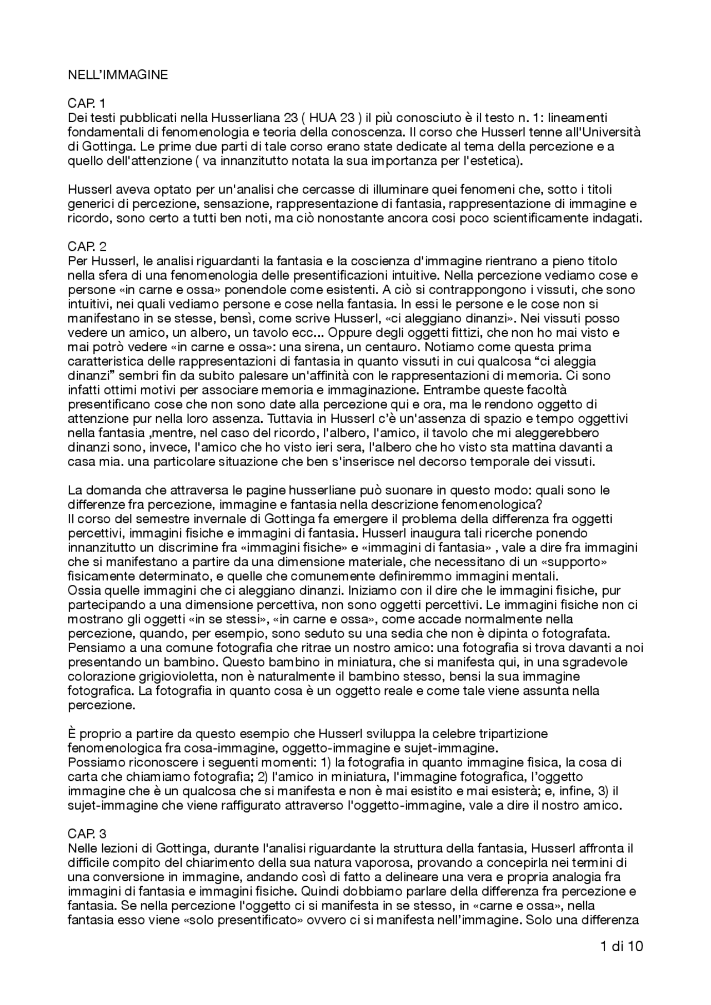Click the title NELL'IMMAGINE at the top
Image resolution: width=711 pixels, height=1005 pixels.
(118, 75)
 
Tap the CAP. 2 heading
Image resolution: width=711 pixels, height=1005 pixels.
(87, 246)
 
